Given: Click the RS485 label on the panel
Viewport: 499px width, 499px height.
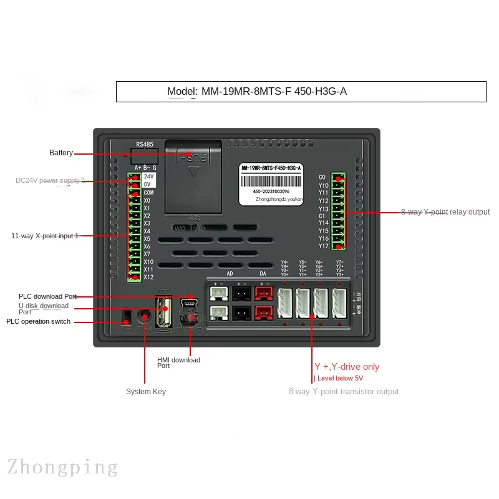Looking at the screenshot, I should tap(144, 144).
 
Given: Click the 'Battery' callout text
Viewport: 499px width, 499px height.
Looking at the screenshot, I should tap(61, 153).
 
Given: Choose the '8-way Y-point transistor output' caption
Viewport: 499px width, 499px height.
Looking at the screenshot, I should tap(344, 392).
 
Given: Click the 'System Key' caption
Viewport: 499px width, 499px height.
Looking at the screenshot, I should tap(146, 392).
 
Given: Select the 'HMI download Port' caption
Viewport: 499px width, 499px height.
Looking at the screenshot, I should tap(178, 362).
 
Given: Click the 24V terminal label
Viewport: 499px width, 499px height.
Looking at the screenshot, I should tap(148, 177).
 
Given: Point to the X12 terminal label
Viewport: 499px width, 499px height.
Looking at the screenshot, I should tap(148, 277).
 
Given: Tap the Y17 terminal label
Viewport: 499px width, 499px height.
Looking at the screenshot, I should tap(323, 246).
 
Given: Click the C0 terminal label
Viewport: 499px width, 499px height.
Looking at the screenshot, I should tap(322, 178).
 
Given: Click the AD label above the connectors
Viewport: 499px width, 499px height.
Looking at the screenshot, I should tap(230, 273).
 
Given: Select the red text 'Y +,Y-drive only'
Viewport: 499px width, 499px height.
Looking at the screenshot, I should tap(347, 367).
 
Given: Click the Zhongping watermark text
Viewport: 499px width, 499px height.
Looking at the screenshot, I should tap(62, 467).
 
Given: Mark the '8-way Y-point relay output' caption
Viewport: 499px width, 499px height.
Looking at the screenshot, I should tap(445, 212).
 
